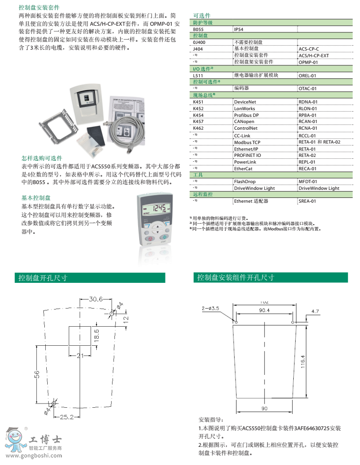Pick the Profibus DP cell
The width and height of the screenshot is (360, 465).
[x=247, y=115]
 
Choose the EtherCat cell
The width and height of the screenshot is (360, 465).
[x=243, y=168]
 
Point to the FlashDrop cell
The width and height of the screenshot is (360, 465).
[x=245, y=182]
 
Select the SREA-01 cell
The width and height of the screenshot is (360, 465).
[x=307, y=201]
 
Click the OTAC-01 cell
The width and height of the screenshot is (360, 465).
[x=308, y=88]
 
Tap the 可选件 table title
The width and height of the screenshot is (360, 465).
[x=202, y=15]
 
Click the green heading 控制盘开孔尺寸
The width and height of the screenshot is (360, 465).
[x=43, y=278]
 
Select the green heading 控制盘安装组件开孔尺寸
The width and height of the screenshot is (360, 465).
[x=236, y=278]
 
